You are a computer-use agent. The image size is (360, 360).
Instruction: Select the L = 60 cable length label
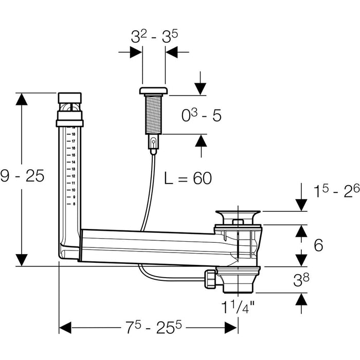pyautogui.click(x=188, y=178)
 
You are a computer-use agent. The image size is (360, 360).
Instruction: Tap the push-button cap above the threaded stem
pyautogui.click(x=153, y=91)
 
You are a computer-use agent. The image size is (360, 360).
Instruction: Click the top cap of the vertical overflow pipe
pyautogui.click(x=69, y=98)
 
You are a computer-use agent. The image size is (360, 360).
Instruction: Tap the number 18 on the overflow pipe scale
pyautogui.click(x=74, y=133)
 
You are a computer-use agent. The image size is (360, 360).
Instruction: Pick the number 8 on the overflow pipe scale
pyautogui.click(x=74, y=204)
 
